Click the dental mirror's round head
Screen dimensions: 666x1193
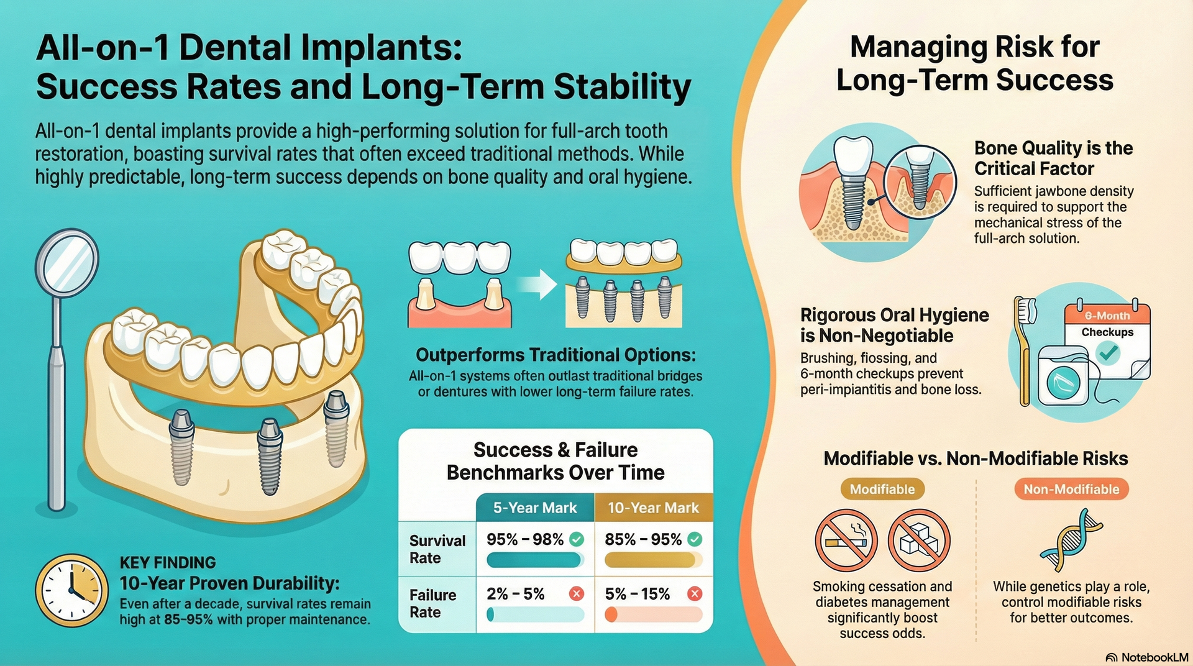(66, 263)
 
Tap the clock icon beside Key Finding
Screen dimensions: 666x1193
(71, 590)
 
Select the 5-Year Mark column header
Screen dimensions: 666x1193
(534, 508)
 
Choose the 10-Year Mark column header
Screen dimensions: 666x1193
(653, 508)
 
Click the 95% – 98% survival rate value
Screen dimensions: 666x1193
(524, 539)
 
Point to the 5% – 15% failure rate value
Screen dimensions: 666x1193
(637, 594)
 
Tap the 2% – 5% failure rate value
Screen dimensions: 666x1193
(515, 594)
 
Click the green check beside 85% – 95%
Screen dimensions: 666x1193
(695, 539)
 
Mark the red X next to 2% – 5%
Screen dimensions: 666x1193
(577, 594)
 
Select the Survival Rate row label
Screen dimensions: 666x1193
(437, 549)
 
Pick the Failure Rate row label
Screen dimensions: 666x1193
(432, 603)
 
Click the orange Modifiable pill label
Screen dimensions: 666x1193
(882, 489)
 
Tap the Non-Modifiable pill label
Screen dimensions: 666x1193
(1071, 489)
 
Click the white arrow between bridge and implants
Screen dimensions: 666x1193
(537, 285)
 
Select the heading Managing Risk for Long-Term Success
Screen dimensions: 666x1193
(974, 63)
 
